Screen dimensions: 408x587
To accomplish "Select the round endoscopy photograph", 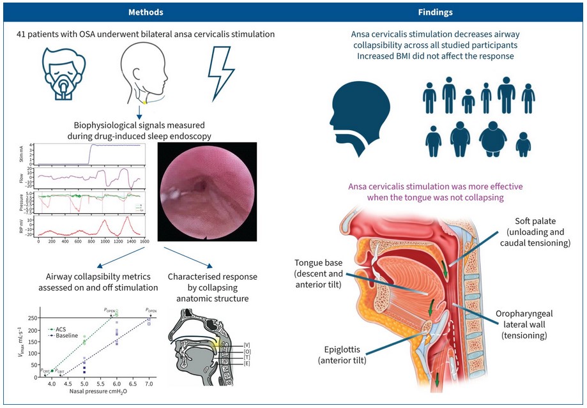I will pyautogui.click(x=207, y=190).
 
